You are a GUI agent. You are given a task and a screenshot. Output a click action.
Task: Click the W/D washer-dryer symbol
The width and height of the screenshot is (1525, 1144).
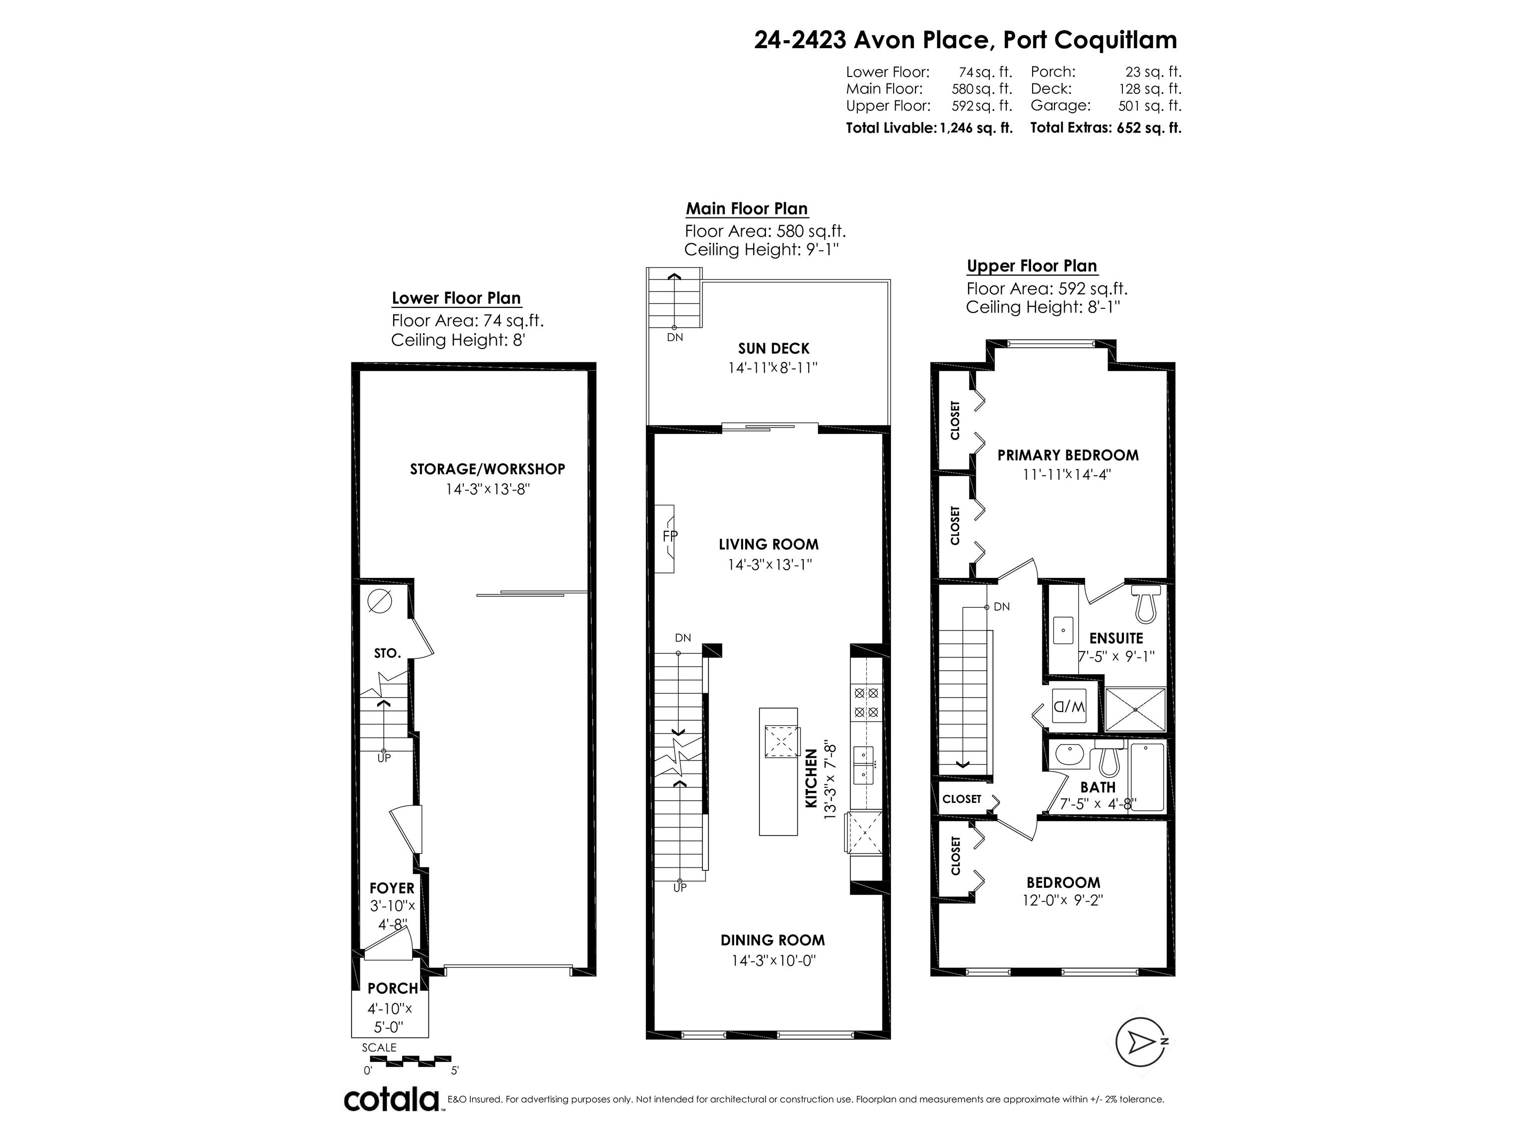[1069, 707]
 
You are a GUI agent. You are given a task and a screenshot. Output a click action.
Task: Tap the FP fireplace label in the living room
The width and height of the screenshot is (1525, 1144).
[670, 536]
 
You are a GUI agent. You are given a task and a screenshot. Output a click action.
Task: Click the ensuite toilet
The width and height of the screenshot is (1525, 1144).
[1146, 603]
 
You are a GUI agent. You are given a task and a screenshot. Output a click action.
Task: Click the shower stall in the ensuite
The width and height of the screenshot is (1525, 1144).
[1135, 710]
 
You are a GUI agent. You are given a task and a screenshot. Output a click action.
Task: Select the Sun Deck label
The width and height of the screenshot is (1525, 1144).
[773, 349]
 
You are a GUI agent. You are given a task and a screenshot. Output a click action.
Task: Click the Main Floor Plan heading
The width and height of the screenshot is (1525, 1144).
[747, 209]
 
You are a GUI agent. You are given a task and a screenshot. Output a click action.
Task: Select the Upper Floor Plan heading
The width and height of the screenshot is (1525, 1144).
[1032, 266]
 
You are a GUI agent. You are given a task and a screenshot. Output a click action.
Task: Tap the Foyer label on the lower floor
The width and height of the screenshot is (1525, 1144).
[392, 888]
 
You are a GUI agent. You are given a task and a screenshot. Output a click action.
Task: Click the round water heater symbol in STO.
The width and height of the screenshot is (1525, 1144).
[379, 601]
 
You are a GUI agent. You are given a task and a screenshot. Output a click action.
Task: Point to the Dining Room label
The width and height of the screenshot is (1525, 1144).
[772, 940]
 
